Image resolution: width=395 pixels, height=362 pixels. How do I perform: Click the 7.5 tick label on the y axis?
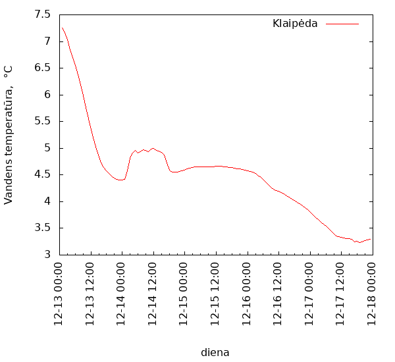(42, 14)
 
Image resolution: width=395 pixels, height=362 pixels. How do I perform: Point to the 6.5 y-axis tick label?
(42, 68)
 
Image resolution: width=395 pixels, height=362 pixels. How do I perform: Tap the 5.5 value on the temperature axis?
(42, 121)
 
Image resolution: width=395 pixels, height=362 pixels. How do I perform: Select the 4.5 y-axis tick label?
(42, 174)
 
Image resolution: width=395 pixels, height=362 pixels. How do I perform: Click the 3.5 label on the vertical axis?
(42, 228)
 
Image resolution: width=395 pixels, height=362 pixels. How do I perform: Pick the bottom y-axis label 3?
(47, 255)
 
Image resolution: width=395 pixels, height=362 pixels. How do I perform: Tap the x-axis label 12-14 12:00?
(153, 293)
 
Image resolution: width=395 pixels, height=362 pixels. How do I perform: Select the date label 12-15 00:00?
(184, 293)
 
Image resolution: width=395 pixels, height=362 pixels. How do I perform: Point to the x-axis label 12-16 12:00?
(278, 293)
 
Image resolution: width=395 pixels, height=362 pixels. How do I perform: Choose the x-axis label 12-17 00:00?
(309, 293)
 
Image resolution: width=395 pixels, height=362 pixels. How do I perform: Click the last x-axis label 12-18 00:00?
(372, 293)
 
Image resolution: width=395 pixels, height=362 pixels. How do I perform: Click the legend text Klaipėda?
(295, 24)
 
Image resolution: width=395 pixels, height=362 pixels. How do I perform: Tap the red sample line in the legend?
(342, 24)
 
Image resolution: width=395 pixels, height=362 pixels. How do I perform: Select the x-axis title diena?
(215, 352)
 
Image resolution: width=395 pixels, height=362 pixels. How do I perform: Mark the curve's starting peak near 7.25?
(62, 28)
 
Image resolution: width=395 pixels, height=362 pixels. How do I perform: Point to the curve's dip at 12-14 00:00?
(121, 180)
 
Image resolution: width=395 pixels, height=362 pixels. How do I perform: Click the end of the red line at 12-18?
(371, 239)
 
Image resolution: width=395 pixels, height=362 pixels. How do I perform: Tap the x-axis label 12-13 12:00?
(91, 293)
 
